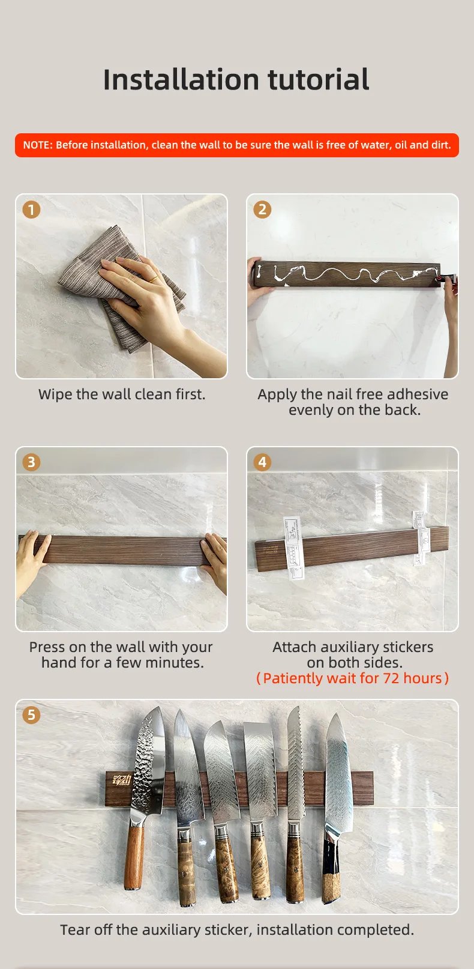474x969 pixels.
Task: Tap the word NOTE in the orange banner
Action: click(x=37, y=145)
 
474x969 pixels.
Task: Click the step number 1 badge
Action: click(x=31, y=210)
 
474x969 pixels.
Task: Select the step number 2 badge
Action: click(x=262, y=210)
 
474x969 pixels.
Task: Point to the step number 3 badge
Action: click(x=31, y=462)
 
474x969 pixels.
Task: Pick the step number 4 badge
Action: click(x=262, y=462)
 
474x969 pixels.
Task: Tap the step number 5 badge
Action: click(x=31, y=715)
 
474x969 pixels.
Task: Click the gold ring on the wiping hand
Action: click(x=154, y=279)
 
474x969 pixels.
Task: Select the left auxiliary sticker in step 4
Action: click(x=294, y=547)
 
